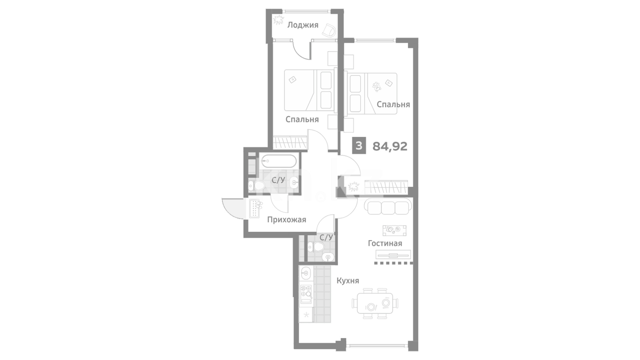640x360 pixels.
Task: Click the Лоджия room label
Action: click(x=303, y=25)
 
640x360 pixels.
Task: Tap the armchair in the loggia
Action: click(x=329, y=30)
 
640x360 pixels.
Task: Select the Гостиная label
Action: click(x=385, y=243)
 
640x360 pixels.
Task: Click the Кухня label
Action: click(x=348, y=281)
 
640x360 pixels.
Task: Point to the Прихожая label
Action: click(x=287, y=220)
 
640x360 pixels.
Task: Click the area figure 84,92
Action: click(x=390, y=146)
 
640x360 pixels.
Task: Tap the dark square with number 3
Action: click(x=359, y=146)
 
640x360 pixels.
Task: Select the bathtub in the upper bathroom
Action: click(x=278, y=162)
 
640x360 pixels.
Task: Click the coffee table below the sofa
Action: click(x=394, y=230)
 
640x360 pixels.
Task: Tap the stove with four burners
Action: click(x=306, y=293)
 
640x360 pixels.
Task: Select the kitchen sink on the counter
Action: click(x=305, y=274)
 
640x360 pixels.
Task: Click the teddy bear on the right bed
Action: click(x=377, y=86)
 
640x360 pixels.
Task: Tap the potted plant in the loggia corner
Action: click(x=278, y=20)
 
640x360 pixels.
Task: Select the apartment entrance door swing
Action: click(x=233, y=208)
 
